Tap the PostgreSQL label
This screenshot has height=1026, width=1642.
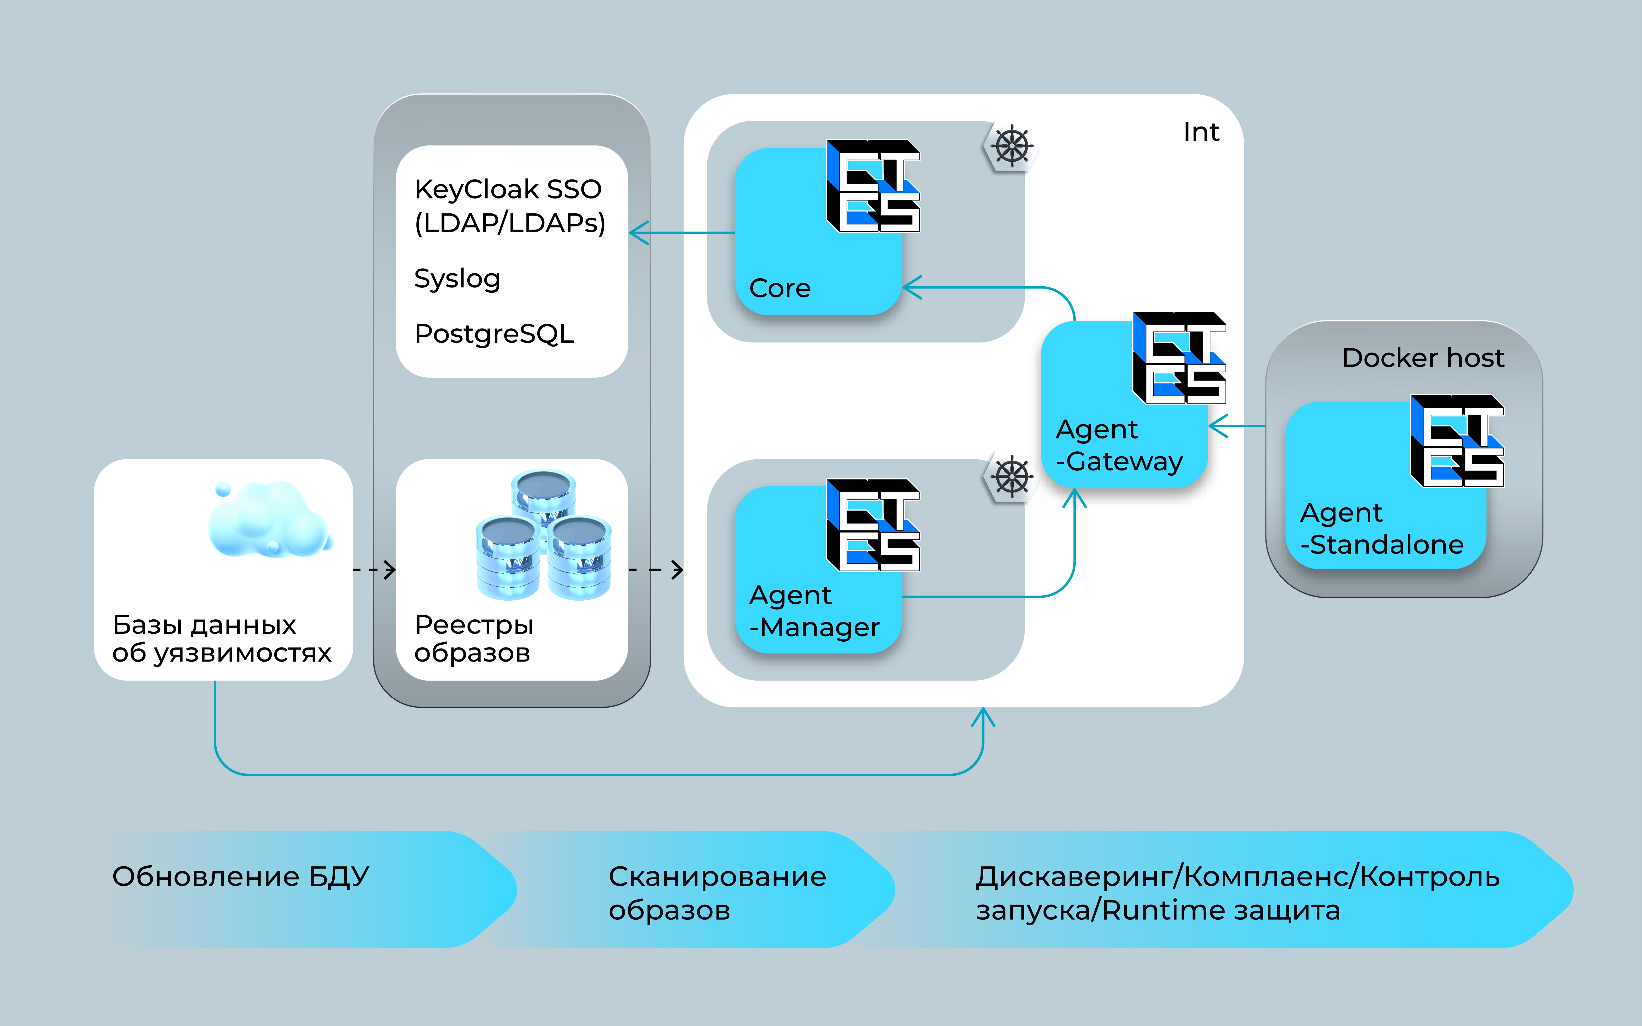pos(494,334)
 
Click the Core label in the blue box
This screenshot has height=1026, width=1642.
pos(780,288)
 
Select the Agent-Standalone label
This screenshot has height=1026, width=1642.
pos(1381,529)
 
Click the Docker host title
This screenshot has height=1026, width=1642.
pos(1423,358)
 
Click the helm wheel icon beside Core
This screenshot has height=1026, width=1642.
pos(1011,146)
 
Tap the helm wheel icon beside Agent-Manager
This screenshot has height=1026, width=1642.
pos(1011,476)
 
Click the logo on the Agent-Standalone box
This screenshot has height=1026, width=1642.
pos(1457,441)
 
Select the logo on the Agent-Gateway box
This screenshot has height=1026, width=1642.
pos(1179,358)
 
